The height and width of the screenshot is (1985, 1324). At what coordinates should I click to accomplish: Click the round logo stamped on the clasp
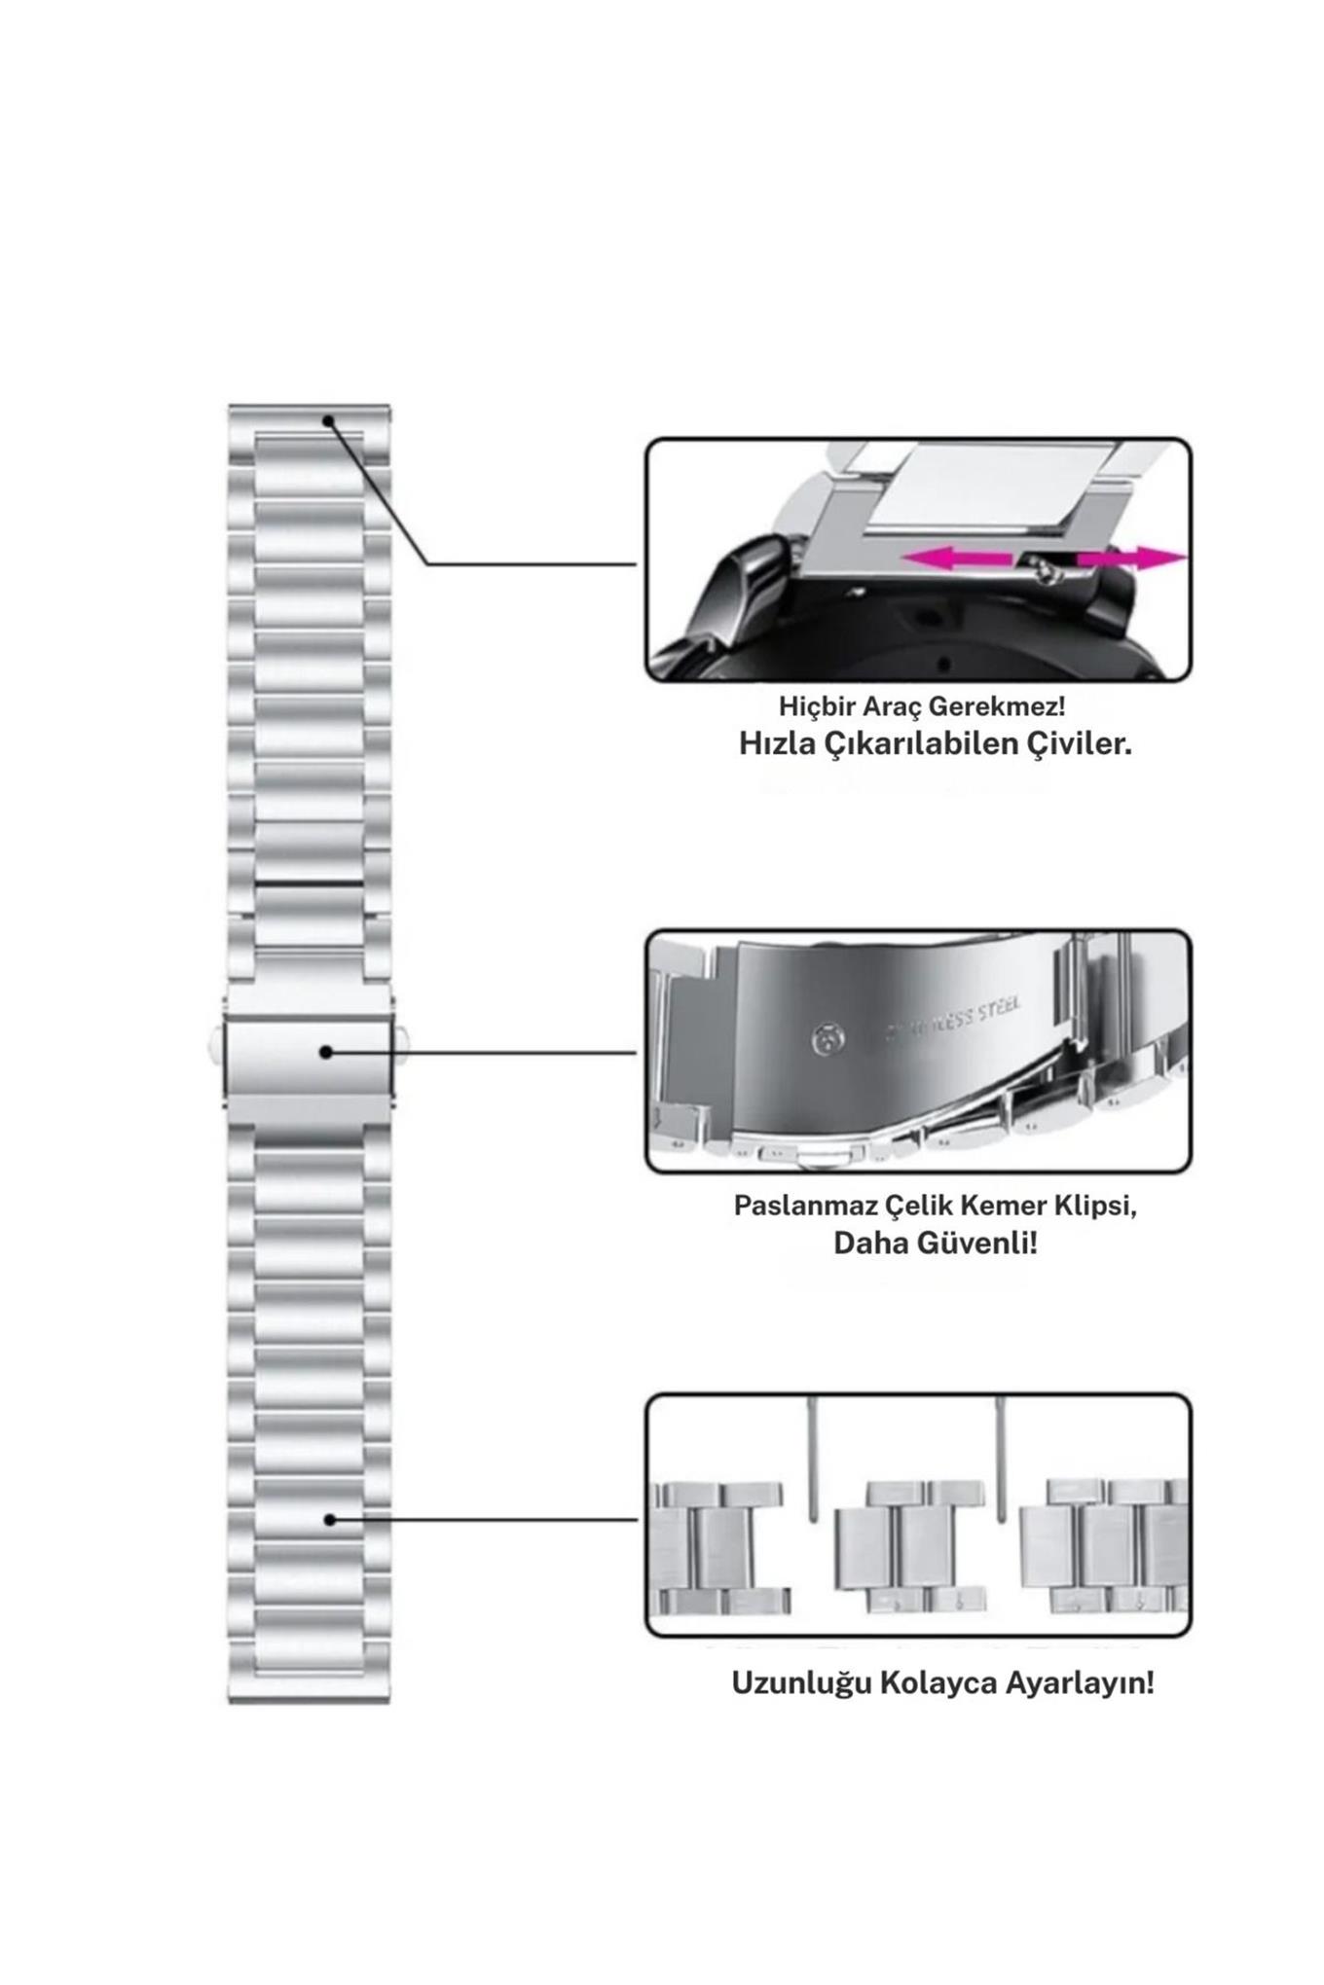[x=828, y=1040]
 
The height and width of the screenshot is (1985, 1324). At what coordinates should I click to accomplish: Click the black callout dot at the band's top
[x=329, y=421]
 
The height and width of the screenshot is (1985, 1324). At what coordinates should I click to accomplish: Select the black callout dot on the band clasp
[x=326, y=1052]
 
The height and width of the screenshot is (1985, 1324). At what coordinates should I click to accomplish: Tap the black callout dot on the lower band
[x=329, y=1519]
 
